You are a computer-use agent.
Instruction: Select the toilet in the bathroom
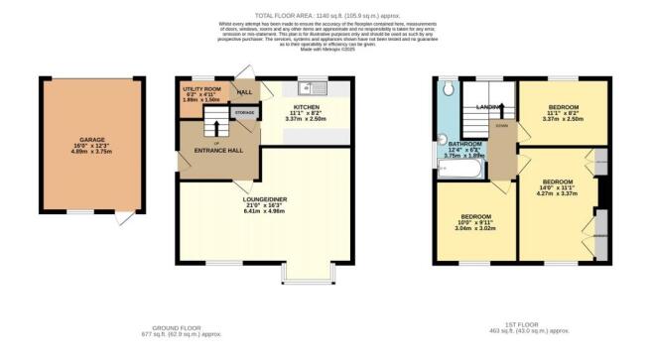pyautogui.click(x=449, y=89)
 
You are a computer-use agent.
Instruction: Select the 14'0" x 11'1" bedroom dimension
pyautogui.click(x=557, y=187)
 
